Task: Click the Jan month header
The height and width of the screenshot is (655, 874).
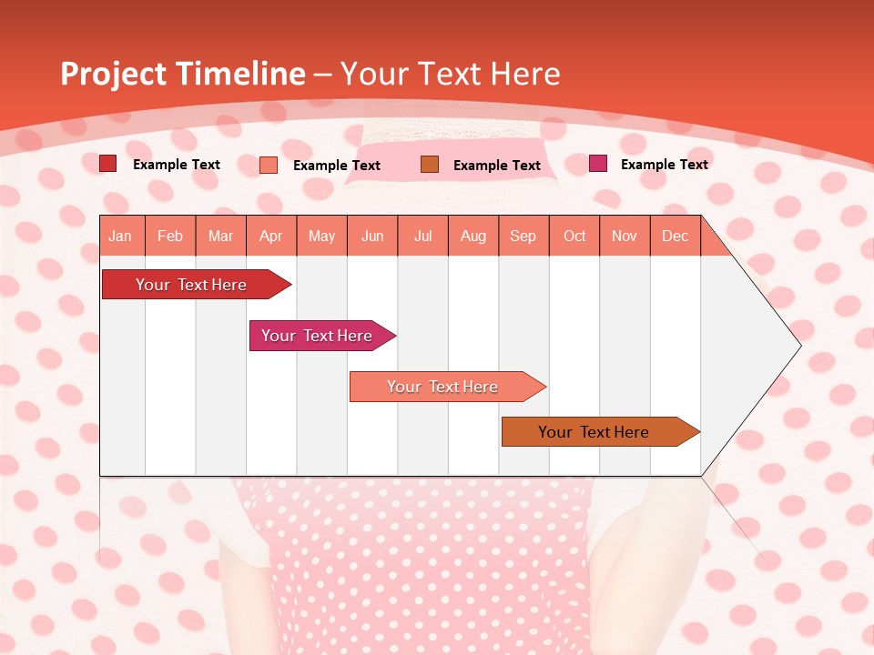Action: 120,236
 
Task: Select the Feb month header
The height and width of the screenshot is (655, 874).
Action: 170,236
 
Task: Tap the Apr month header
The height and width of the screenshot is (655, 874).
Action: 270,236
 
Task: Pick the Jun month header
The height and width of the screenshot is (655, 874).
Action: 372,236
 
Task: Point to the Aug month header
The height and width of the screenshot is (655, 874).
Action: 473,236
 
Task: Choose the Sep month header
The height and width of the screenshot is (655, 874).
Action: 523,236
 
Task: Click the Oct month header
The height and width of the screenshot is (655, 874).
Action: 574,236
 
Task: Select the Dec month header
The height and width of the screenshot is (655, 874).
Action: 675,236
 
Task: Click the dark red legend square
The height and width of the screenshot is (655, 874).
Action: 107,164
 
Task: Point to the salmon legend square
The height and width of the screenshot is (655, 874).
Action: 269,165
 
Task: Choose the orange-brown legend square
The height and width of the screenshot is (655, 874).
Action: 430,164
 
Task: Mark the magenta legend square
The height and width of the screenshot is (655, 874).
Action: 597,164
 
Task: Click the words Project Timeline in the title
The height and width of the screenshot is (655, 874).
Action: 182,74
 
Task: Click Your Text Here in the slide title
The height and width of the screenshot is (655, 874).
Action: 450,74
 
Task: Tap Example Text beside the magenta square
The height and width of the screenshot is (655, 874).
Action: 664,164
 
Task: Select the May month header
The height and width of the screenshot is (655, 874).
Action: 321,236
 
